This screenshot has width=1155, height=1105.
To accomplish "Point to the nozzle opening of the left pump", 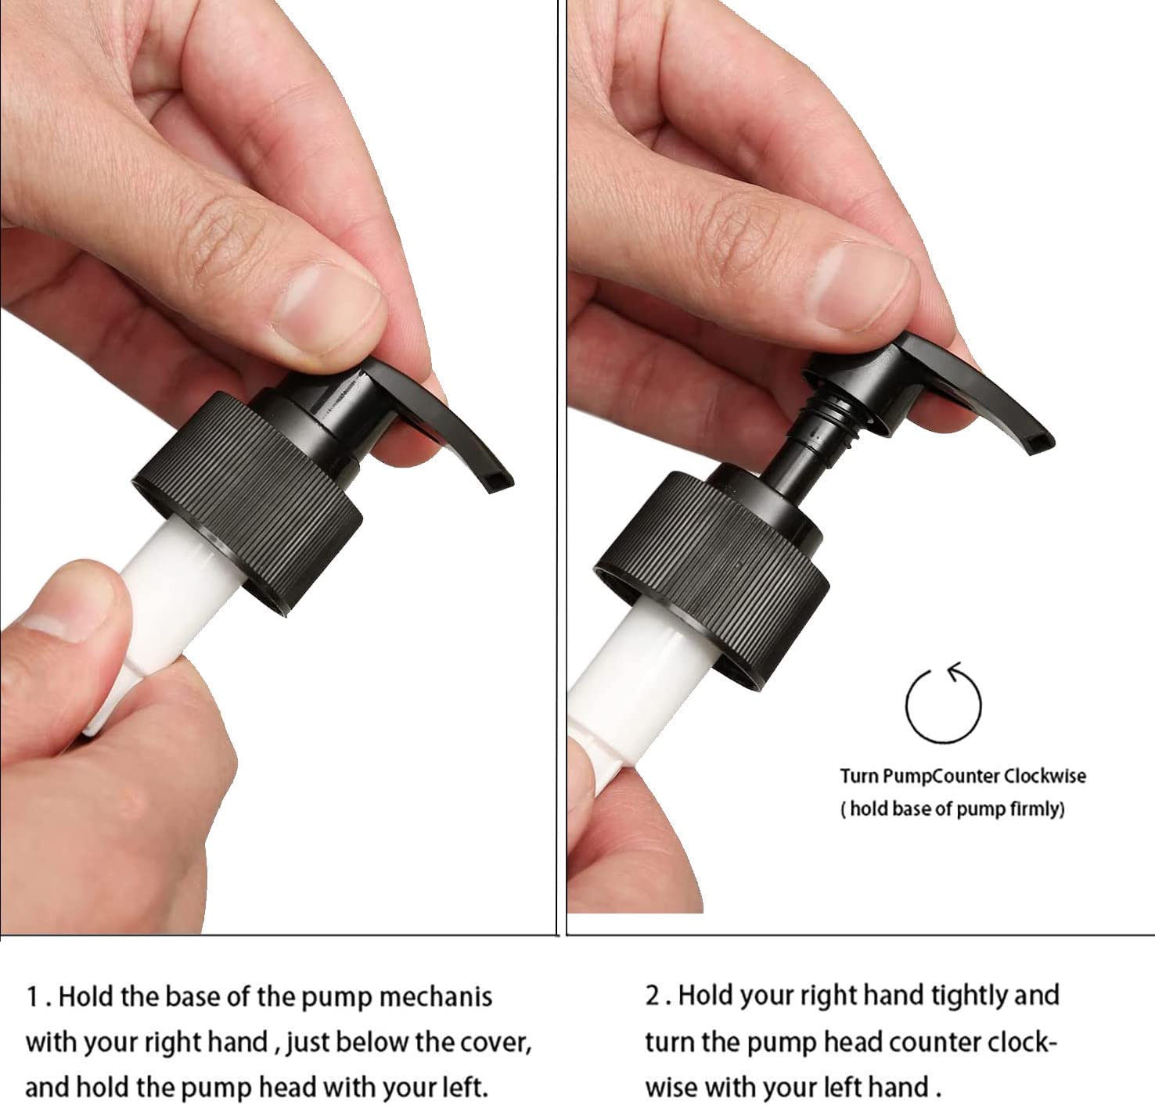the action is click(x=498, y=481).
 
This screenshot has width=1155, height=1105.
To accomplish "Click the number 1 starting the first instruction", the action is click(x=33, y=996).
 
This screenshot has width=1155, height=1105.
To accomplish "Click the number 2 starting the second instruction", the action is click(x=653, y=996).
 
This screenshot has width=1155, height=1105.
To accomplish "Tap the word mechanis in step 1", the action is click(x=436, y=996).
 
